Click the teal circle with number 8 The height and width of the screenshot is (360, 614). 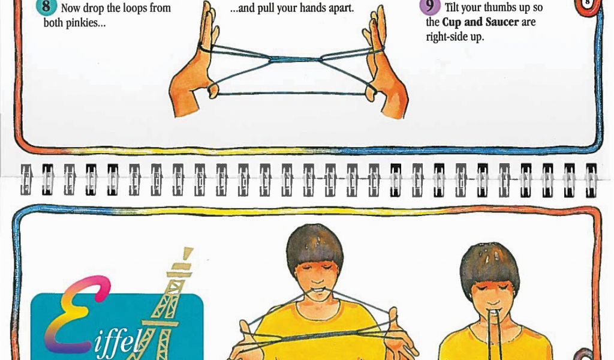pos(46,7)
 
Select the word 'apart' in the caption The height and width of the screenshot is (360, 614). pos(341,8)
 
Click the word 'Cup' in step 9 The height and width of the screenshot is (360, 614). pos(450,22)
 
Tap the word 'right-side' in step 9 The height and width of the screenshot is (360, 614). pos(445,37)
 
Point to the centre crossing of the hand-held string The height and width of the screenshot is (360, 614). pos(294,60)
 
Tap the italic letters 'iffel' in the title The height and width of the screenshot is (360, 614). pos(117,343)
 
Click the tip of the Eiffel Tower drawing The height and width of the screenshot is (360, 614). pos(188,250)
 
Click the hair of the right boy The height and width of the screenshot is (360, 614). pos(489,266)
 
